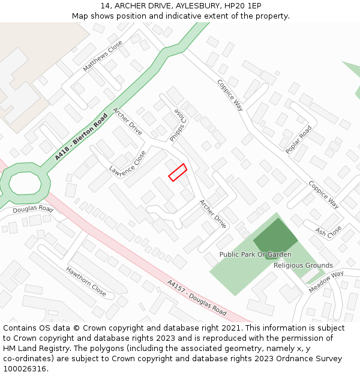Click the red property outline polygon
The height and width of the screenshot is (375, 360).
coord(177,172)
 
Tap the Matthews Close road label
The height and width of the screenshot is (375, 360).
coord(103,56)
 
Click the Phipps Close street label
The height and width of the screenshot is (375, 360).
coord(178,125)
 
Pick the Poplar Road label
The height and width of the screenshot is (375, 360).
coord(299,140)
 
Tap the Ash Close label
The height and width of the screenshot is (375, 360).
coord(328,231)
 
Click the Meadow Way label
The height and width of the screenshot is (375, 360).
coord(326,282)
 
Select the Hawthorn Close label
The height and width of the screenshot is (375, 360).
coord(86,282)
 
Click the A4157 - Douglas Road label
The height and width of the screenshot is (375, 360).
coord(197,298)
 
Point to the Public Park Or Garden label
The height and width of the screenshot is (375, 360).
coord(255,254)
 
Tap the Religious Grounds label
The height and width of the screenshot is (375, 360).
coord(303,265)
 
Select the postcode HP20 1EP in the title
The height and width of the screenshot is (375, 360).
coord(243,6)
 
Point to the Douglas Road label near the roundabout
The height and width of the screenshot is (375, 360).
coord(33,210)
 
